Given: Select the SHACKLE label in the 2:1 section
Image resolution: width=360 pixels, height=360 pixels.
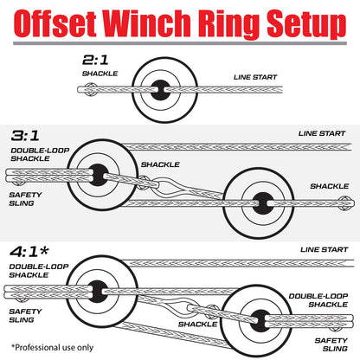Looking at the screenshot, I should pyautogui.click(x=101, y=74).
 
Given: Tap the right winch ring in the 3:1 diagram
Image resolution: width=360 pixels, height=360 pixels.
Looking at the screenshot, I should pyautogui.click(x=257, y=202).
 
